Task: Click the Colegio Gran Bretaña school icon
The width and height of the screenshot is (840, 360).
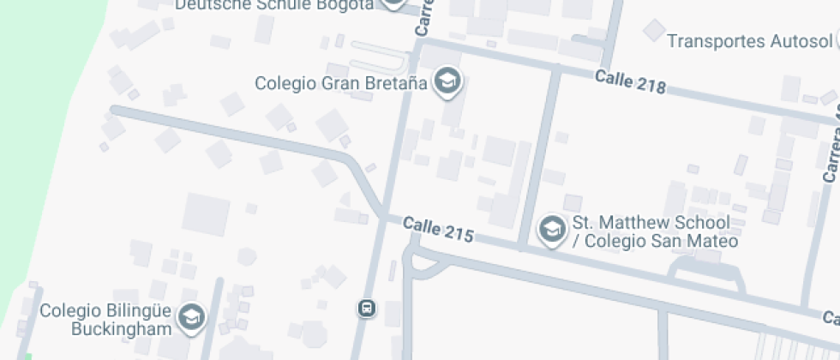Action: click(447, 82)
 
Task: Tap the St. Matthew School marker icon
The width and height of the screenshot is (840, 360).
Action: click(551, 229)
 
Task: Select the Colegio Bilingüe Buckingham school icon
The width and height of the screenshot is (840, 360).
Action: click(190, 319)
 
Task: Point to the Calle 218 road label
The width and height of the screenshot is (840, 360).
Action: click(630, 83)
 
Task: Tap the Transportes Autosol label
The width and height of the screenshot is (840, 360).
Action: click(749, 41)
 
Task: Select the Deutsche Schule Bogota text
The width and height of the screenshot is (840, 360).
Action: click(274, 5)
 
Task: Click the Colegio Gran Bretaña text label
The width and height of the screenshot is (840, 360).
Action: click(340, 83)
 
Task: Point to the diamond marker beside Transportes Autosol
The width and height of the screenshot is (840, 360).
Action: click(654, 32)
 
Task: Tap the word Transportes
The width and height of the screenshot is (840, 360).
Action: click(715, 41)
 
